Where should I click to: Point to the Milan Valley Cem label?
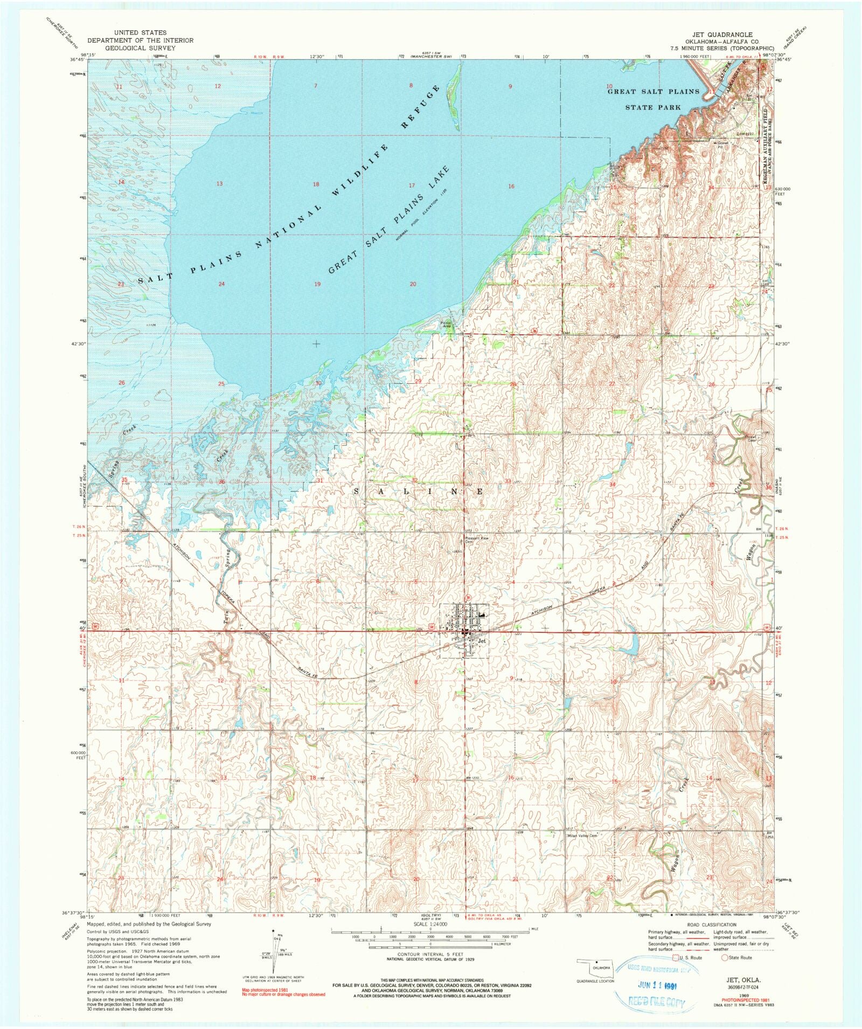click(x=582, y=835)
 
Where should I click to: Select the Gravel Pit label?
click(x=721, y=144)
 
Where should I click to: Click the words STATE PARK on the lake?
click(x=652, y=107)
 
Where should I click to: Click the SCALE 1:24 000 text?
click(x=430, y=923)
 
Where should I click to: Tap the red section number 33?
click(x=508, y=481)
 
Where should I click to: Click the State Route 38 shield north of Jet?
click(x=468, y=597)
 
